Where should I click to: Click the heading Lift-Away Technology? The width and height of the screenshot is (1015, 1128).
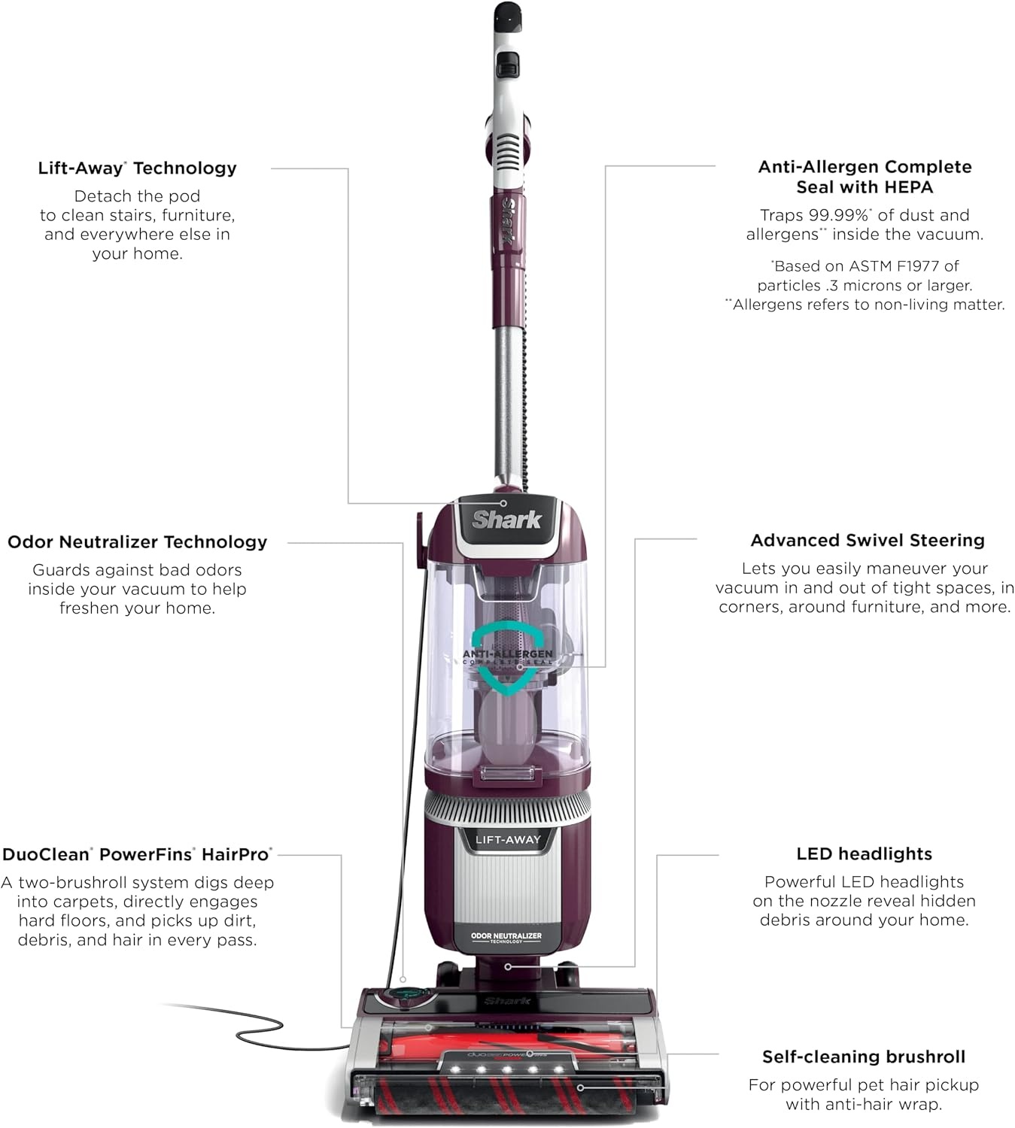click(137, 168)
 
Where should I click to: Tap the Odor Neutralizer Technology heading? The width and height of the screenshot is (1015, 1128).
click(137, 542)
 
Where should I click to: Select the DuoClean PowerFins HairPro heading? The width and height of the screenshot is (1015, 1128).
click(137, 854)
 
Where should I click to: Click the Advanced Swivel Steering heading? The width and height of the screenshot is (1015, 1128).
click(868, 541)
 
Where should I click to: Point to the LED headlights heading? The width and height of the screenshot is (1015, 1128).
click(865, 854)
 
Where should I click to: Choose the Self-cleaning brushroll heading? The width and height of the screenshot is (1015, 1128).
click(864, 1057)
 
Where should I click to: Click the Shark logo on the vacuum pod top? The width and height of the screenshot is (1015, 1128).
click(506, 520)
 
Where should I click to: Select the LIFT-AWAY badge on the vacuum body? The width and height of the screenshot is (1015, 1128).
click(507, 840)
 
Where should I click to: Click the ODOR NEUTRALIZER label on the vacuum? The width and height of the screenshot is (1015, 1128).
click(506, 936)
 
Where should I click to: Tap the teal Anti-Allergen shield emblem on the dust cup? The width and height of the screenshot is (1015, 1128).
click(507, 658)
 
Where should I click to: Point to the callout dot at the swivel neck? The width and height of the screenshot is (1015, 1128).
click(508, 966)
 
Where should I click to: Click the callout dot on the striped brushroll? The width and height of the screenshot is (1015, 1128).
click(580, 1087)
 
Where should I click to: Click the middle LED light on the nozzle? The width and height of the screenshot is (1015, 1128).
click(506, 1069)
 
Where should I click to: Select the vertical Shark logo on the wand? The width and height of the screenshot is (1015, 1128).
click(507, 220)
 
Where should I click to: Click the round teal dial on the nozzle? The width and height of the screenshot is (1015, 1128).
click(403, 995)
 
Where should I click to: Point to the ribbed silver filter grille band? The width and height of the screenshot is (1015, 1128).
click(507, 808)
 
